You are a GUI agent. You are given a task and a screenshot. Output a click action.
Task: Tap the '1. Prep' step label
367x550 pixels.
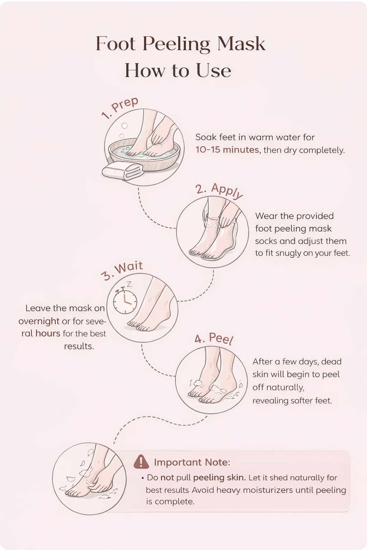[120, 108]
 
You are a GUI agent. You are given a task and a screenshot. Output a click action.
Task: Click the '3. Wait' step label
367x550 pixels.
[122, 271]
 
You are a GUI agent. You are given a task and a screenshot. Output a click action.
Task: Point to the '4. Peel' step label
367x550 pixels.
[214, 339]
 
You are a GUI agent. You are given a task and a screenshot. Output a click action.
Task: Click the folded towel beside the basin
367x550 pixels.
[123, 171]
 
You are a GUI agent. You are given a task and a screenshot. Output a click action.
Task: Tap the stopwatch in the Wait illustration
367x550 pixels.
[125, 301]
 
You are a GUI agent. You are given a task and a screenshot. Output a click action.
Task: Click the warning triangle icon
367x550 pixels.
[141, 462]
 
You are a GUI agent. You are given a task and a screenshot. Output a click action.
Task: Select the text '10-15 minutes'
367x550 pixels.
[228, 150]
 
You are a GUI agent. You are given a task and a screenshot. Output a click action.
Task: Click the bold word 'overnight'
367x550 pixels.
[39, 321]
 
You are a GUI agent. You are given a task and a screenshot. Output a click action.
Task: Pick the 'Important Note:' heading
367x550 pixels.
[192, 462]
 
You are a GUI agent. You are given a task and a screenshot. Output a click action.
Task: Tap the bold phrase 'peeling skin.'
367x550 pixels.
[219, 478]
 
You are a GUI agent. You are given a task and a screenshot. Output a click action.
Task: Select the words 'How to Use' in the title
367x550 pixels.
[178, 71]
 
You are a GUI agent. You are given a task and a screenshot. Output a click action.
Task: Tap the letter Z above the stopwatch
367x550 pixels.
[129, 284]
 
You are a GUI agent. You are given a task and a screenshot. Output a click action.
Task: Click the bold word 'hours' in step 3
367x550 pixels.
[48, 333]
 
